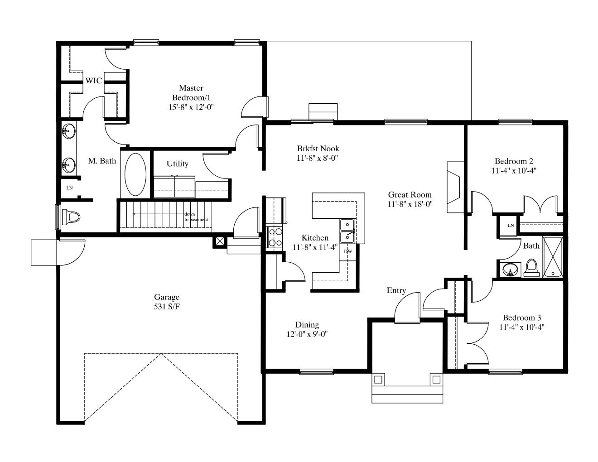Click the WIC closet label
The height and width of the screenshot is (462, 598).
[94, 81]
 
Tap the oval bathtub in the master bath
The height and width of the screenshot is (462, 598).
[135, 174]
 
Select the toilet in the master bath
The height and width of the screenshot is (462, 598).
[71, 217]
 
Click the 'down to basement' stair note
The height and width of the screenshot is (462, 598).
[196, 217]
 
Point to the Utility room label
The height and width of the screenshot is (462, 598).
[178, 164]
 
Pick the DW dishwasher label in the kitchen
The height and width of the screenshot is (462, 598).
[348, 251]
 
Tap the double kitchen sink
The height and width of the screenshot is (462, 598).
[347, 231]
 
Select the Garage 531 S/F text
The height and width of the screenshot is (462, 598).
[167, 302]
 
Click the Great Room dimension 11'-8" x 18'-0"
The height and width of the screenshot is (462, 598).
[410, 204]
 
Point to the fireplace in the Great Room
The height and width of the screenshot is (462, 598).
[455, 187]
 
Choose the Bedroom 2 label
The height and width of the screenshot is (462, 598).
[514, 161]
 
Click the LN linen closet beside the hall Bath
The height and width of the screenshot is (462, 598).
[511, 226]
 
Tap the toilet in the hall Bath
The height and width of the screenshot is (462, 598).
[531, 268]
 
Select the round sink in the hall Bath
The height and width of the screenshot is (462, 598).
[510, 269]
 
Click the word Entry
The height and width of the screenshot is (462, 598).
[396, 291]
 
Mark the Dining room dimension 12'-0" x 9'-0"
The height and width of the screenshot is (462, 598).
[307, 334]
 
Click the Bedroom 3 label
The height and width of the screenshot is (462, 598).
[522, 318]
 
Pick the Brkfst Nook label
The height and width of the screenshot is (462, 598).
[318, 149]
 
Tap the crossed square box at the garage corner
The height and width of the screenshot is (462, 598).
[220, 241]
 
